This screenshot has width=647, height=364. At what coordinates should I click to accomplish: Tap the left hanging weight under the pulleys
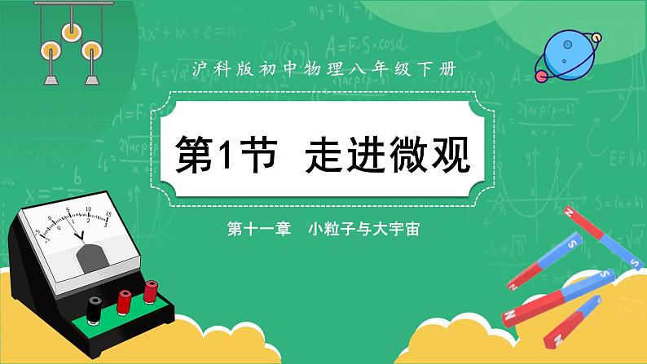tap(51, 79)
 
